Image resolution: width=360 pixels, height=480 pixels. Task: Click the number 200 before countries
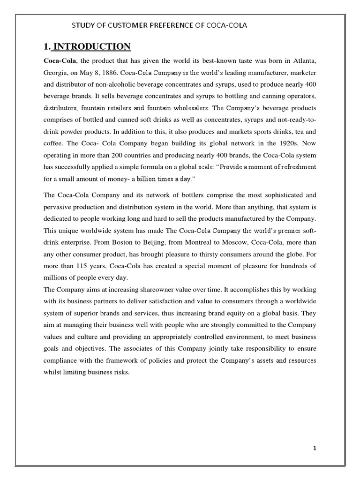[141, 155]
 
